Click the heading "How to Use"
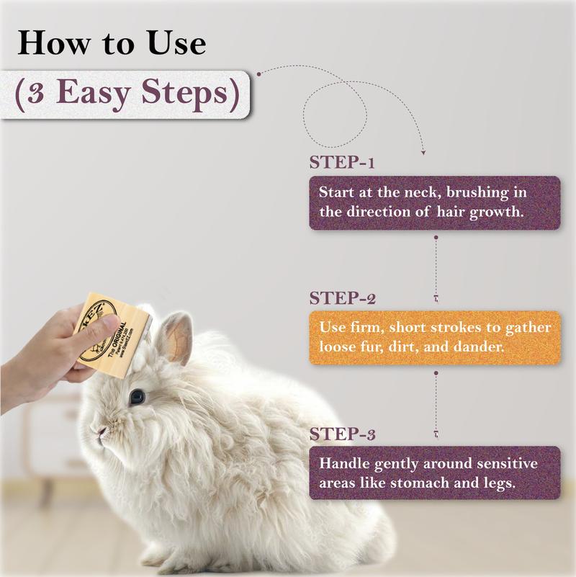click(x=112, y=44)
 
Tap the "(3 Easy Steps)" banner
click(x=125, y=94)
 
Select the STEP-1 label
click(x=342, y=162)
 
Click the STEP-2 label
click(x=343, y=298)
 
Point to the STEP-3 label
click(x=343, y=434)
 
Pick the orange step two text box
click(x=434, y=337)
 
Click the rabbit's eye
click(x=136, y=395)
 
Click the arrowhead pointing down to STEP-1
click(x=423, y=153)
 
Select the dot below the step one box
click(x=435, y=236)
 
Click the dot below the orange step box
click(x=435, y=373)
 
